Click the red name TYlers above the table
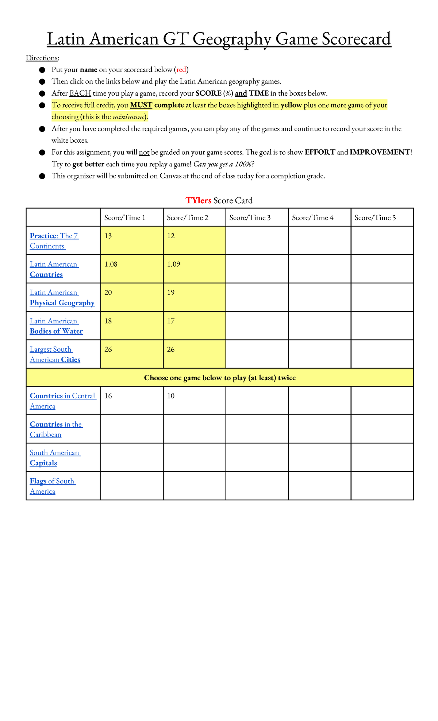198,200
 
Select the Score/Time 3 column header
250,218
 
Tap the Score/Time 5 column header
375,218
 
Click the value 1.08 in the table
111,264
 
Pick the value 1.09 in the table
173,264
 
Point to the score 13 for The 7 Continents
108,236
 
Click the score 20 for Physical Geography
108,293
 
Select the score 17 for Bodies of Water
171,321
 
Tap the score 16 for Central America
108,396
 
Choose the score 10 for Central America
171,396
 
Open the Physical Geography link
62,303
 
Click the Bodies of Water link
56,331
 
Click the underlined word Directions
42,58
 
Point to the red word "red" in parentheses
181,70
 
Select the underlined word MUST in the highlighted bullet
141,105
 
